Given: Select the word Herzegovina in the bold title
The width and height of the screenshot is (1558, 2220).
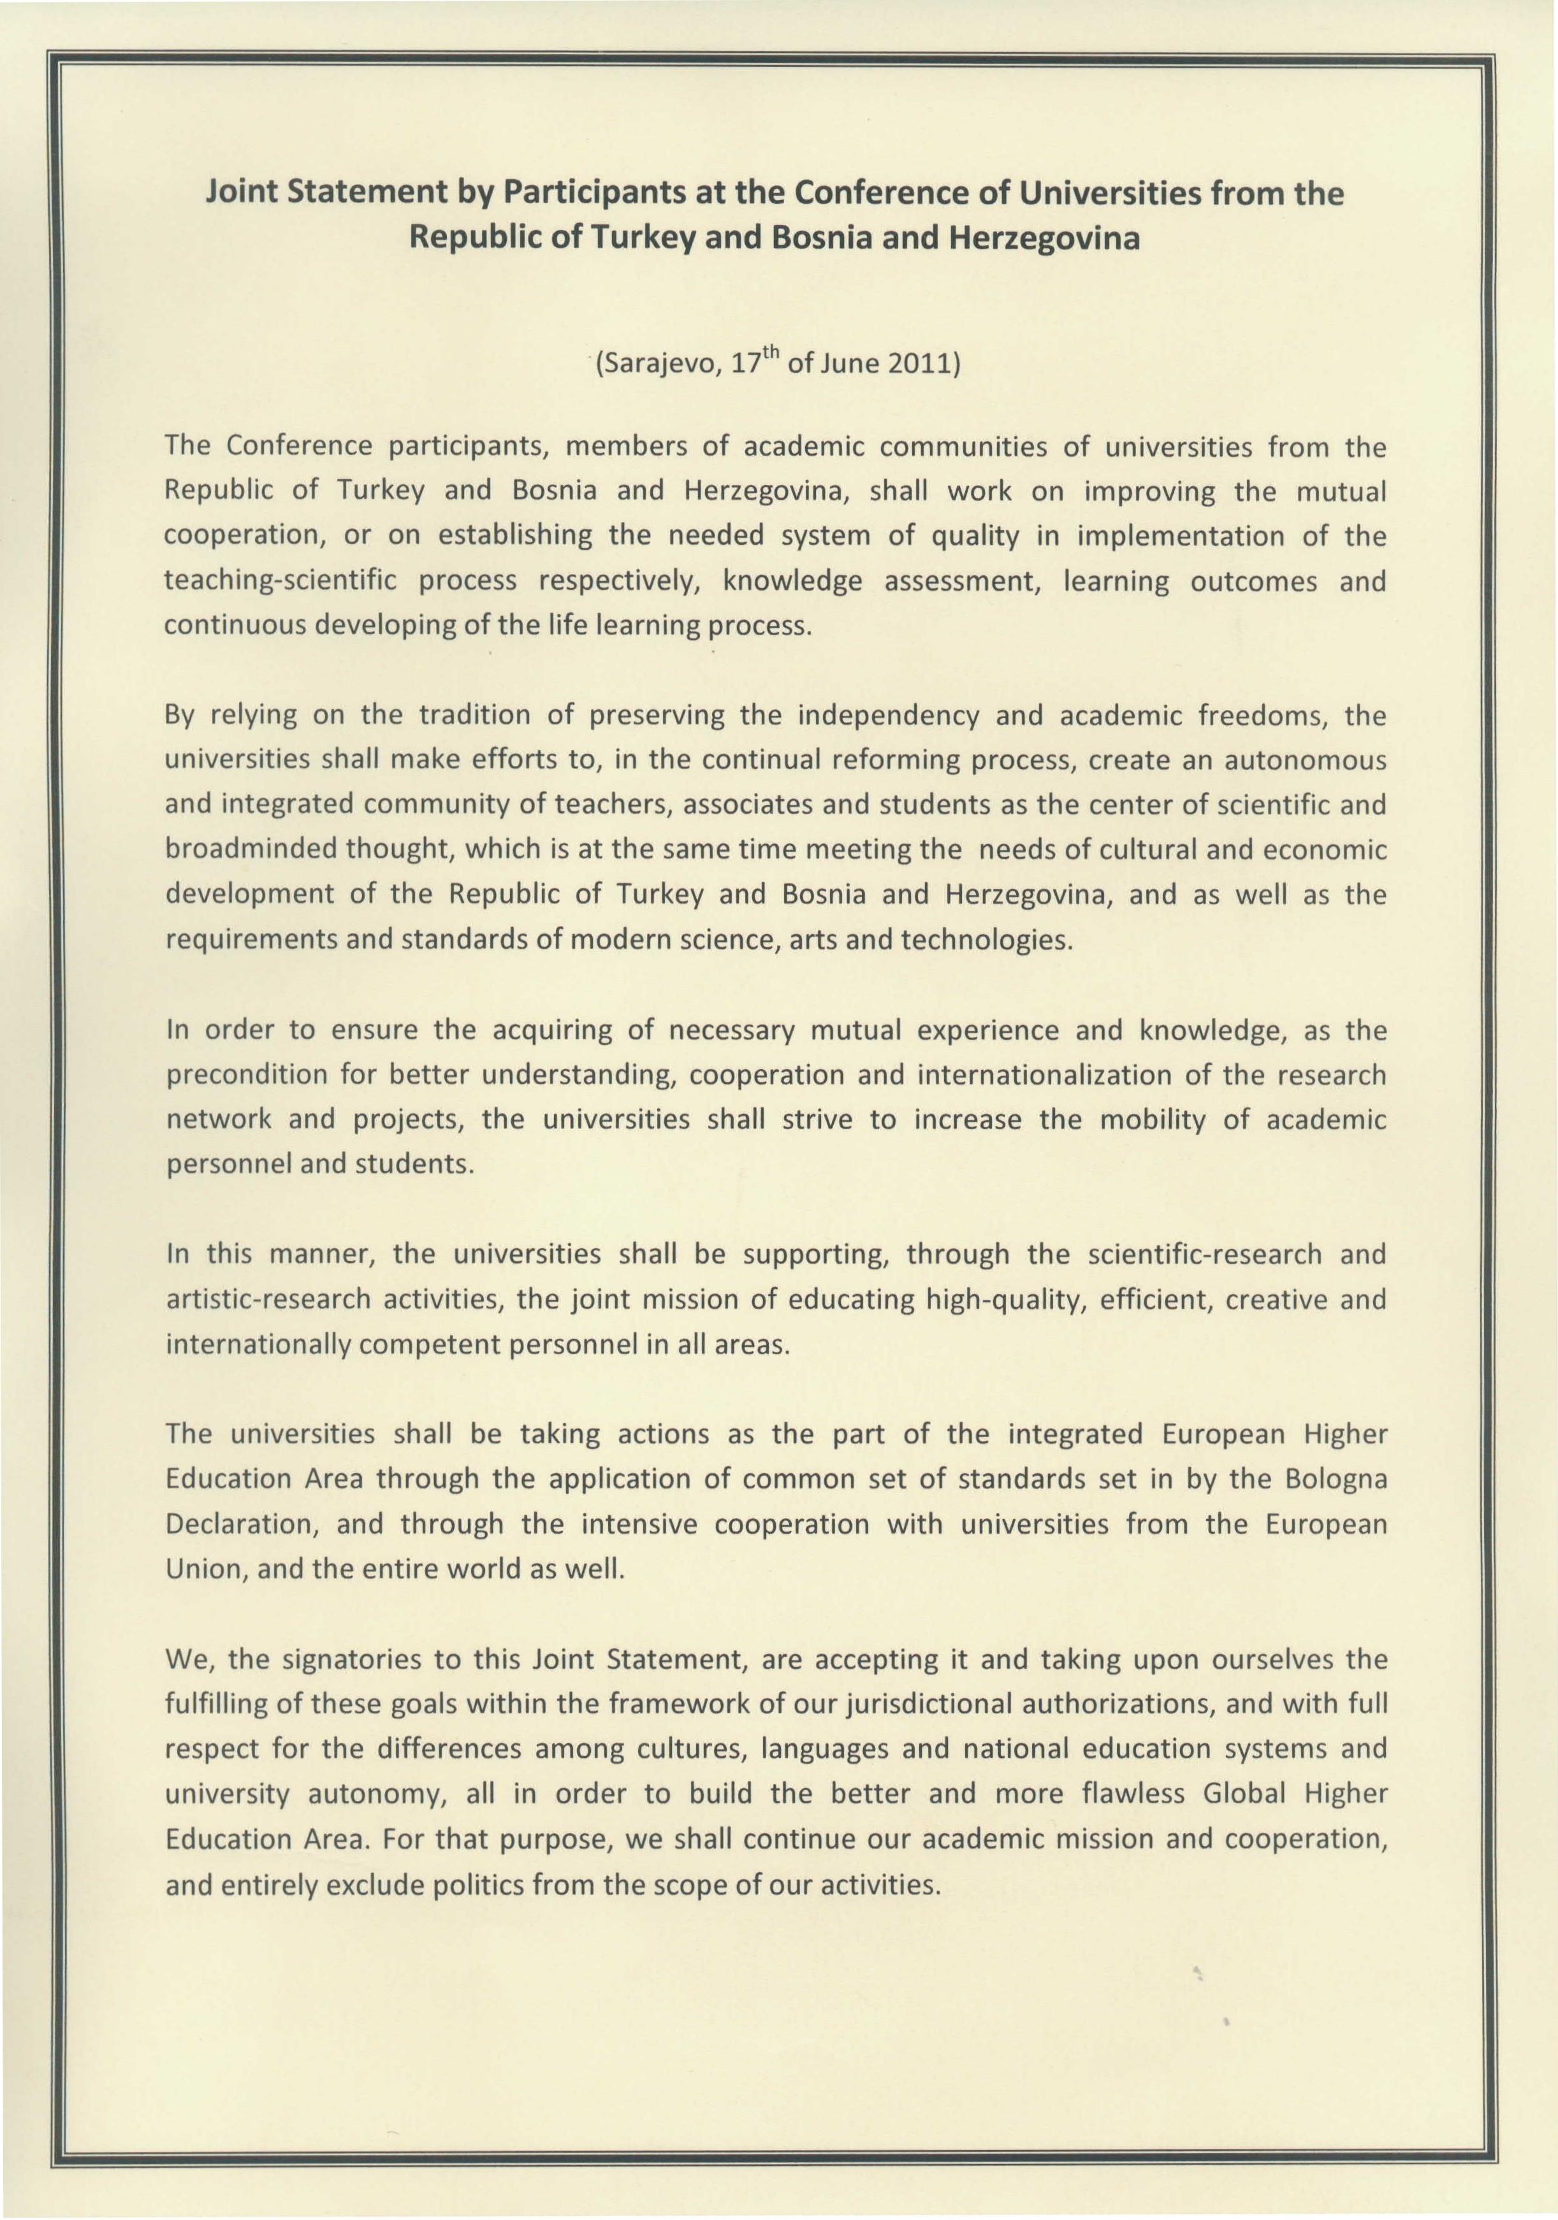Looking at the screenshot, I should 1044,238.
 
